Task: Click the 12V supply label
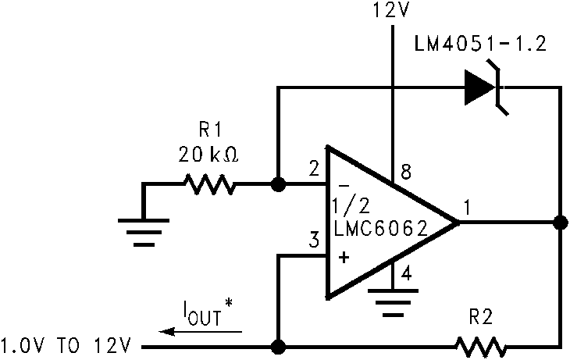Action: [x=393, y=12]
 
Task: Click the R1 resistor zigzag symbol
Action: [x=208, y=185]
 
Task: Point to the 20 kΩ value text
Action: [x=208, y=155]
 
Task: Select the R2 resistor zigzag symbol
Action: [x=481, y=344]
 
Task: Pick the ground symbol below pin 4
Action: [x=393, y=301]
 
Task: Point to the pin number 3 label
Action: [x=313, y=240]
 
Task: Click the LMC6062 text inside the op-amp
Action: [x=380, y=229]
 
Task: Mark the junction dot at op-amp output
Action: [x=559, y=223]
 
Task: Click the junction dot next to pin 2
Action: [x=276, y=185]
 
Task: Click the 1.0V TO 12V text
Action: [x=67, y=344]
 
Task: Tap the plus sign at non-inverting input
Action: [x=344, y=256]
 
